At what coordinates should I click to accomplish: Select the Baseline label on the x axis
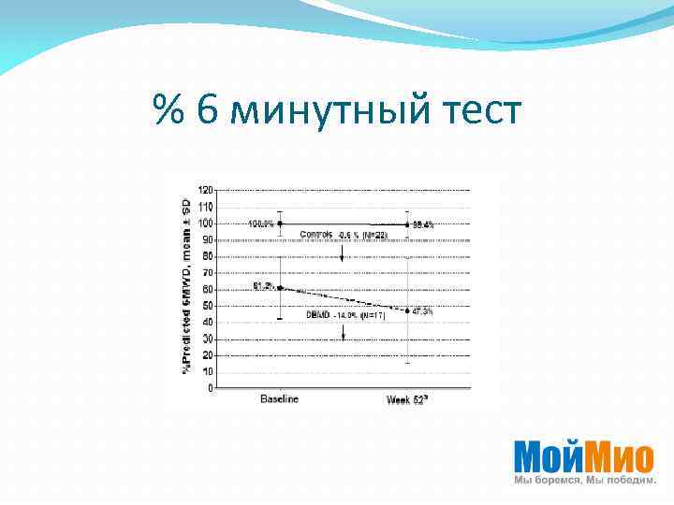(x=279, y=399)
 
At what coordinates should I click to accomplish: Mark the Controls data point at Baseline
(x=280, y=224)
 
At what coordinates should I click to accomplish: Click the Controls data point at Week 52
(x=407, y=224)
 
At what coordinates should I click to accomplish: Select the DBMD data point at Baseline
(x=280, y=287)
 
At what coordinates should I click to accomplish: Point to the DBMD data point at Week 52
(x=407, y=310)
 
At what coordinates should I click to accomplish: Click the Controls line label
(x=317, y=233)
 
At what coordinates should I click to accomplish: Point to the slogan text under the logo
(x=581, y=480)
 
